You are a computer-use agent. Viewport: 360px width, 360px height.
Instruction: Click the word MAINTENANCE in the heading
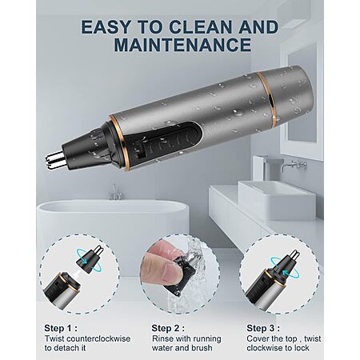182,45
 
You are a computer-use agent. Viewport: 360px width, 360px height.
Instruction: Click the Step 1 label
61,328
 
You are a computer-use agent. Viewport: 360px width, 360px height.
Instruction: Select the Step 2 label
168,328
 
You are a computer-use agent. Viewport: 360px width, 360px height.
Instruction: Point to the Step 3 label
263,328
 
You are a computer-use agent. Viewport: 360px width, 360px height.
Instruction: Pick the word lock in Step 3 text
302,348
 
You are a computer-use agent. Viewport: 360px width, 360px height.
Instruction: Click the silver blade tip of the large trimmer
55,160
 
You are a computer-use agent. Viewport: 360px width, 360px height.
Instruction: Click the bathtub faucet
115,193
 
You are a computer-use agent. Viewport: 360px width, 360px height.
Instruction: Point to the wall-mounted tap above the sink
293,165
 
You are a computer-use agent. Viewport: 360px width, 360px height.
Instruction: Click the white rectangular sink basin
277,199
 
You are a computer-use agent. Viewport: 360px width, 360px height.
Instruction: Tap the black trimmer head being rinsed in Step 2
180,274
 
